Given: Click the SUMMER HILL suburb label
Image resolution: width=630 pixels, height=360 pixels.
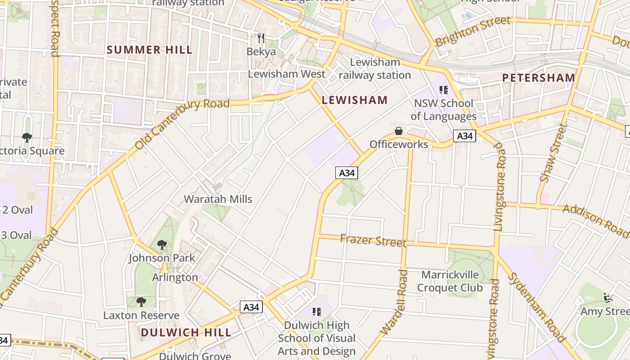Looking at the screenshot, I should point(149,50).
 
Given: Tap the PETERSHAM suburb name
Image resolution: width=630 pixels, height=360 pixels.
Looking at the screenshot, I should point(539,78).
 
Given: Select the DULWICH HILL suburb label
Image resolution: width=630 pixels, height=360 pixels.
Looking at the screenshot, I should point(186,333).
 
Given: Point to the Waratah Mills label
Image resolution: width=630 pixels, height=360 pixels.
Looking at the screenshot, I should point(218,199).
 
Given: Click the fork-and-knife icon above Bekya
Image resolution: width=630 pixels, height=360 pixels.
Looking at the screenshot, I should point(261,38).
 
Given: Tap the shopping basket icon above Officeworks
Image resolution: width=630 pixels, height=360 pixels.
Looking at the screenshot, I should point(399,131).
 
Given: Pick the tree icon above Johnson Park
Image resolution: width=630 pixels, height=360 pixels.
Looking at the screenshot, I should point(162,245).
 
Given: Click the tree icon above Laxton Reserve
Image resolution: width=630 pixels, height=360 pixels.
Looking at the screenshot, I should point(141,301).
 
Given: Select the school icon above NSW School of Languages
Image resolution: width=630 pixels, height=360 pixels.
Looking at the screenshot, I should point(444,90).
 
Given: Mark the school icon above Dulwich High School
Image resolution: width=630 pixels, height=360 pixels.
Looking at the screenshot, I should point(317,311).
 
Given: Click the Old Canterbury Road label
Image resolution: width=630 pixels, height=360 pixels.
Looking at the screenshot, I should point(182,123).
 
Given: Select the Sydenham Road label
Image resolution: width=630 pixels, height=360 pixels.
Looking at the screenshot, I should point(536,307).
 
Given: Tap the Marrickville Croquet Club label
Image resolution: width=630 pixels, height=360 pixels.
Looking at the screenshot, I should point(450,281).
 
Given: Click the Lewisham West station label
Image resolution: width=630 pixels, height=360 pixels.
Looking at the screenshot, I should point(287,74).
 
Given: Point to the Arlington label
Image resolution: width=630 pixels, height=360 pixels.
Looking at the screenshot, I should point(175,277).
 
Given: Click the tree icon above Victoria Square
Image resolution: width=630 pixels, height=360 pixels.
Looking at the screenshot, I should point(27,137).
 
